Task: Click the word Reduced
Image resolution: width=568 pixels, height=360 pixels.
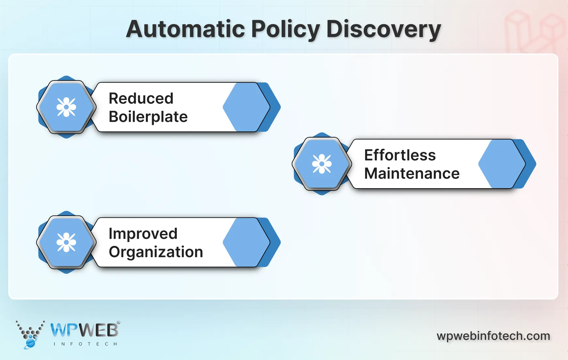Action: (x=141, y=98)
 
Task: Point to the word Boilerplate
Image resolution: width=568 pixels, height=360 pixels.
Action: (x=148, y=117)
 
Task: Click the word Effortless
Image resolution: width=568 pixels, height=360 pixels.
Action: (x=400, y=155)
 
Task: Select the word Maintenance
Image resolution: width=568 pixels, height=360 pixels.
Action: (x=412, y=173)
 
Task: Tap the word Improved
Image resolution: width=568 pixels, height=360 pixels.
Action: (x=143, y=234)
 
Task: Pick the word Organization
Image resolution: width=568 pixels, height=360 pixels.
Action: (x=156, y=252)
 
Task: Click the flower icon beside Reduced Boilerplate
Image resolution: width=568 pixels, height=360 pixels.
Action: (x=66, y=107)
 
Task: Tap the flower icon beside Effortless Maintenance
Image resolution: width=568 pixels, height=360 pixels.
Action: (x=322, y=164)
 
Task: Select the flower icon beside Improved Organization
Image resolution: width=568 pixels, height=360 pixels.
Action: (x=66, y=242)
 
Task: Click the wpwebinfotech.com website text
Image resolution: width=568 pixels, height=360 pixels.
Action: (x=493, y=336)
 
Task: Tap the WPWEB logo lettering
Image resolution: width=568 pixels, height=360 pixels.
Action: (x=84, y=330)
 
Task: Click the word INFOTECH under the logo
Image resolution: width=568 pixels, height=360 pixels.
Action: (x=85, y=344)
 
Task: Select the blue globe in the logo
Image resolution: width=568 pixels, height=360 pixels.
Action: (x=30, y=343)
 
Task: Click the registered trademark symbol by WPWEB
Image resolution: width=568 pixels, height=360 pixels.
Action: (x=118, y=322)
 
